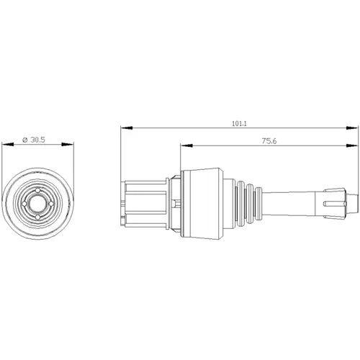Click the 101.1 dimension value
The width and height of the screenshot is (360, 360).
coord(239,124)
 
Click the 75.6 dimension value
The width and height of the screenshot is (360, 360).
coord(269,142)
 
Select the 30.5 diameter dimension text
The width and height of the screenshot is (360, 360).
coord(38,140)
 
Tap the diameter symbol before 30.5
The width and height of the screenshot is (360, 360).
coord(26,140)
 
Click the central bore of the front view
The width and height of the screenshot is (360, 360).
coord(39,202)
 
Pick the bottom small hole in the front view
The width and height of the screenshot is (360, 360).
coord(39,212)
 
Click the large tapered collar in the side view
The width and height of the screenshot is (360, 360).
coord(200,202)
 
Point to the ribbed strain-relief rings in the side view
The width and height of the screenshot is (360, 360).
coord(246,202)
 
